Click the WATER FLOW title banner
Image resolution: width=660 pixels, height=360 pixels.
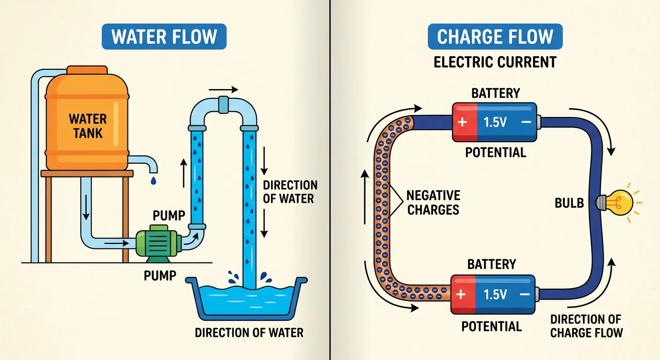click(x=164, y=37)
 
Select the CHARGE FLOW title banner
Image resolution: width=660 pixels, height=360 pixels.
click(x=495, y=37)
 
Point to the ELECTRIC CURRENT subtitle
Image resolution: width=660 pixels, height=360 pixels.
click(x=495, y=62)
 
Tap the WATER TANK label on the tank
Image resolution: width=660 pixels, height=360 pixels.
click(x=88, y=126)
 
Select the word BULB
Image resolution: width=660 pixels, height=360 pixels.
click(x=569, y=202)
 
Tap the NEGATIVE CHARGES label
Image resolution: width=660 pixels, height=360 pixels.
click(x=433, y=202)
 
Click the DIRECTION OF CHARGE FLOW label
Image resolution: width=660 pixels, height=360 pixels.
click(x=586, y=326)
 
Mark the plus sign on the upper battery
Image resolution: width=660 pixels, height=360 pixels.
click(x=463, y=122)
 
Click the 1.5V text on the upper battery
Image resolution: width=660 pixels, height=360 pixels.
click(x=495, y=122)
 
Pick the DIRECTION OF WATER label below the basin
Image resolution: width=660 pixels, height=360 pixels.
click(x=249, y=333)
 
